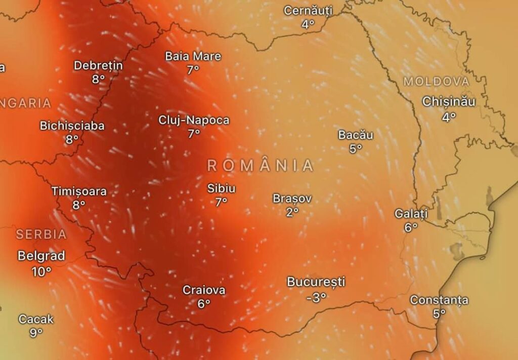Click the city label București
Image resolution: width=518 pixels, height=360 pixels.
[316, 282]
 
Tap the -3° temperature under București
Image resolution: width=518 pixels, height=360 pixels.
[316, 298]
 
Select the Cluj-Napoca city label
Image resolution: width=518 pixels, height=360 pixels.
[194, 121]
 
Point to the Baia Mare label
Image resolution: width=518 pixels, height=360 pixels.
[193, 56]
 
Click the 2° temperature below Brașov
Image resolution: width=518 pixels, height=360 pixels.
[292, 212]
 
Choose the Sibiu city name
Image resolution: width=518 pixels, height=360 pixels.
[221, 188]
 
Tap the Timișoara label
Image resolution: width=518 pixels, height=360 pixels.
[79, 191]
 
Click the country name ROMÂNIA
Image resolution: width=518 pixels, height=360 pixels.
[261, 166]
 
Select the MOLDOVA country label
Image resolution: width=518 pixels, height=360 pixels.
[437, 82]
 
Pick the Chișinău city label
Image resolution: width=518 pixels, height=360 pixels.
[449, 102]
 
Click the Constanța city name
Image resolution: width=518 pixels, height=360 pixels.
[439, 300]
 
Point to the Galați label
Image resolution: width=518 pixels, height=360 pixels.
[411, 214]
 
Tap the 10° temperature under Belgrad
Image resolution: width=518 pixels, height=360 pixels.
[41, 272]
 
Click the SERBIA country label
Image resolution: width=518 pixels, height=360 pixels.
[41, 234]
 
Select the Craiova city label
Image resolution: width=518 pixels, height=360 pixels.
[204, 291]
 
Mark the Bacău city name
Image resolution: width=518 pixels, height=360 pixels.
[356, 135]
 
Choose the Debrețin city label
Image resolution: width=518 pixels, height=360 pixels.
[98, 65]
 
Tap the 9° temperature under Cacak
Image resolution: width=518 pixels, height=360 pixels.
[36, 333]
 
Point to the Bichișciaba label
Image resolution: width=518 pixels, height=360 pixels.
[72, 126]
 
